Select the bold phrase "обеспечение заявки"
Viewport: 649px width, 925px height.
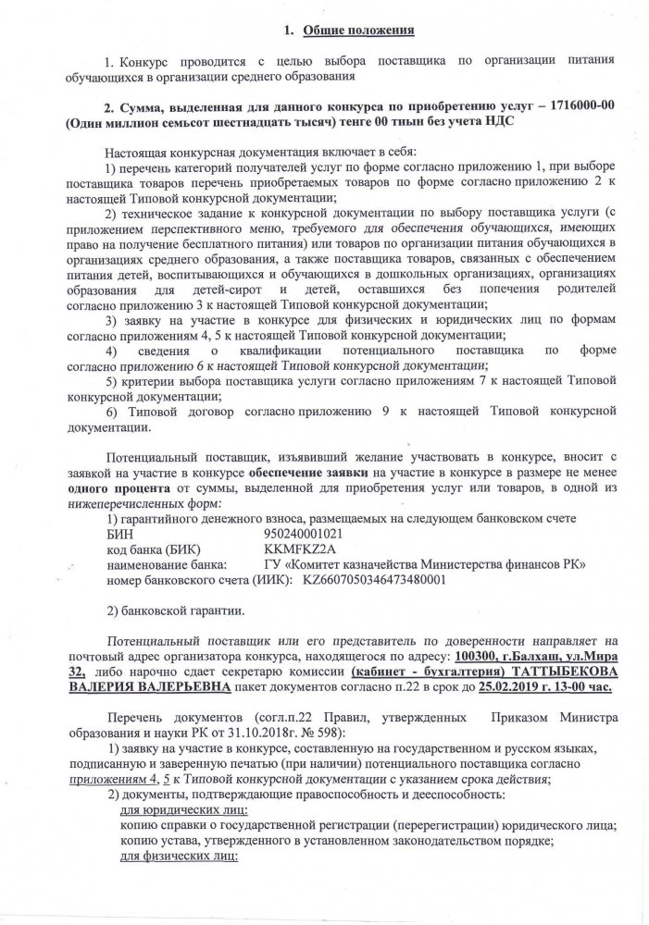(309, 471)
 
